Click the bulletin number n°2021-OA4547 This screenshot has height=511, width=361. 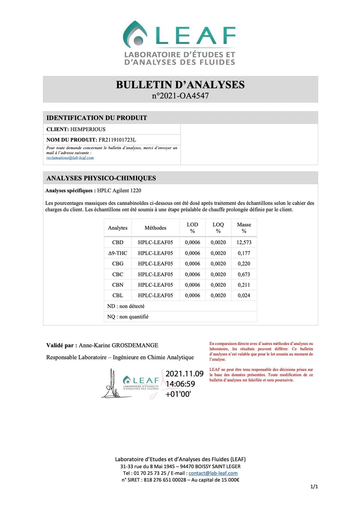coord(180,96)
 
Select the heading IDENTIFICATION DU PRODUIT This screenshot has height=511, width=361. coord(97,118)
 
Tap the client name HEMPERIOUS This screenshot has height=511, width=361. coord(88,129)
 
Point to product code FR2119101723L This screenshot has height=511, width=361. coord(117,140)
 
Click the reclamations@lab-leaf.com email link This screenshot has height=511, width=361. coord(70,158)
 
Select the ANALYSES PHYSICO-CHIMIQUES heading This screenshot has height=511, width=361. coord(101,178)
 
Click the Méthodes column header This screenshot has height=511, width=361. coord(155,228)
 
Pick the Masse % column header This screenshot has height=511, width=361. coord(244,228)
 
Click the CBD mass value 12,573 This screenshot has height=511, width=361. coord(244,242)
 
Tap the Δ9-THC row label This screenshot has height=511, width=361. coord(118,253)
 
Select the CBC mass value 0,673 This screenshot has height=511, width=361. coord(244,274)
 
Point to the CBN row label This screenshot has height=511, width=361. coord(118,285)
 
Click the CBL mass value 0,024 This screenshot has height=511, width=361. coord(244,295)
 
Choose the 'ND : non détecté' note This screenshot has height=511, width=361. coord(126,306)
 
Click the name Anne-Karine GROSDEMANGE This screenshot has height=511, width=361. coord(118,345)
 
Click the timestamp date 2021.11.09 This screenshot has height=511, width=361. coord(185,374)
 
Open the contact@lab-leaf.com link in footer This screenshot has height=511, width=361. coord(213,473)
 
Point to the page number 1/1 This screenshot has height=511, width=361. coord(314,487)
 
